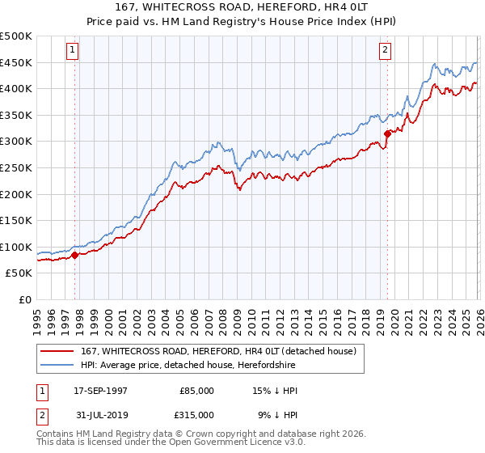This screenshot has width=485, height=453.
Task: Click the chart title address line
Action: tap(242, 7)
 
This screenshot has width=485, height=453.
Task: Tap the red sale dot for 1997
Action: tap(75, 255)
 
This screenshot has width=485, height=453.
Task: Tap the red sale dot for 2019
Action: tap(387, 133)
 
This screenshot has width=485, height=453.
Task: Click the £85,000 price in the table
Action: tap(196, 391)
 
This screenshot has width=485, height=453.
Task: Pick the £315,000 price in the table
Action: tap(196, 414)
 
